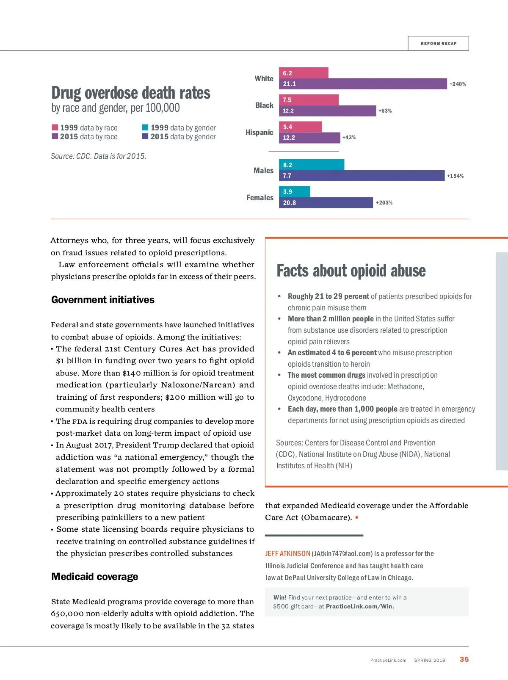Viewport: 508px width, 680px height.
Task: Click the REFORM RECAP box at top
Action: tap(438, 44)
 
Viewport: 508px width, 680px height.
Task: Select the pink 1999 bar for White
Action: tap(304, 73)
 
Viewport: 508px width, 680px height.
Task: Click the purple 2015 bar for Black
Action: tap(327, 111)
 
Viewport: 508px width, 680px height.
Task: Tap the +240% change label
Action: tap(458, 84)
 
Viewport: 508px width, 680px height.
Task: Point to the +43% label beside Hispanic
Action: tap(349, 138)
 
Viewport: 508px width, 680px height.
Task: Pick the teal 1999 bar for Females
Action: tap(294, 192)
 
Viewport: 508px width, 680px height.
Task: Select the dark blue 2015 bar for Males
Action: tap(362, 176)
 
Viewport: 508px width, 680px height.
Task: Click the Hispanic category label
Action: tap(259, 133)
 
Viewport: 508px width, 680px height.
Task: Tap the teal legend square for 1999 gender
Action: tap(145, 127)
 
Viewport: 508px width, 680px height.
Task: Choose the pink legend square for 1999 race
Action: tap(55, 127)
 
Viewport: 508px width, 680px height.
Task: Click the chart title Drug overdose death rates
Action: tap(131, 93)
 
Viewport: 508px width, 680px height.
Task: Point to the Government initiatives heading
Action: tap(103, 300)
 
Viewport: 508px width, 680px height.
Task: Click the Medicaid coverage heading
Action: tap(94, 577)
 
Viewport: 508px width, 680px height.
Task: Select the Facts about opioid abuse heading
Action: tap(351, 271)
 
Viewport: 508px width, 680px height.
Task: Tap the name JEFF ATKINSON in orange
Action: tap(287, 554)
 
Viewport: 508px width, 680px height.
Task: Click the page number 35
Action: tap(464, 659)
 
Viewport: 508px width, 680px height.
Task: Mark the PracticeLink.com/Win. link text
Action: tap(360, 606)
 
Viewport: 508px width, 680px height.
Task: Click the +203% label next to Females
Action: tap(384, 203)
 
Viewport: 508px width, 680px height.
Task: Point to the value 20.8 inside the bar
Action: tap(290, 203)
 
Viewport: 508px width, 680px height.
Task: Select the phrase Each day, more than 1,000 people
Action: tap(342, 409)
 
